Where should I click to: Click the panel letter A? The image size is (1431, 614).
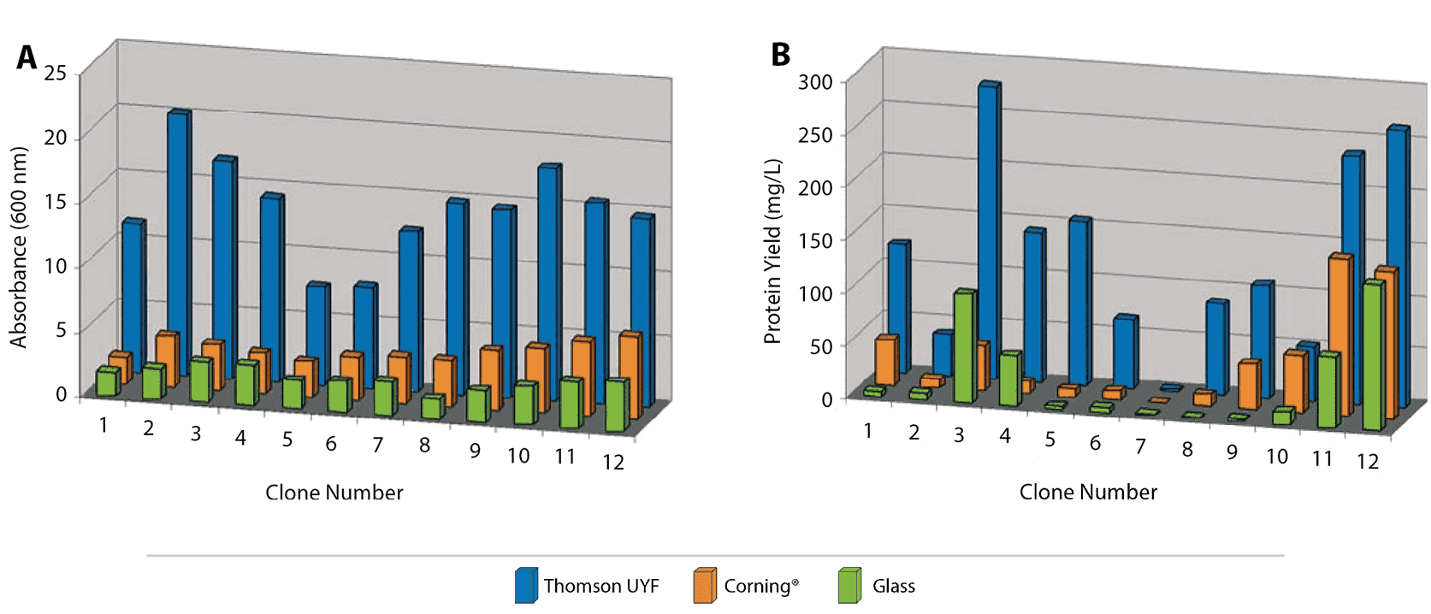click(x=27, y=58)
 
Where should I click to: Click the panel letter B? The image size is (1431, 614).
click(x=780, y=55)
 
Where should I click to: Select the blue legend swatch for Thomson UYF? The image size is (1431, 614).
click(x=525, y=586)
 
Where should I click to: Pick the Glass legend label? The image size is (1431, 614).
click(x=893, y=586)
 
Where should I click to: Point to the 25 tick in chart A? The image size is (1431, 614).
click(x=56, y=73)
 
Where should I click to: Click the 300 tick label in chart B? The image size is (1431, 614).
click(x=814, y=82)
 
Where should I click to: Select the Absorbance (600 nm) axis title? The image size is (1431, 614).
click(x=19, y=248)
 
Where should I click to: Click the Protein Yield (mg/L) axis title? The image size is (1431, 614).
click(x=772, y=251)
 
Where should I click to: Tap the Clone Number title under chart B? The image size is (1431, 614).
click(x=1087, y=492)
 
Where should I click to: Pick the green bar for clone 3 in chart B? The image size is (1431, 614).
click(x=963, y=346)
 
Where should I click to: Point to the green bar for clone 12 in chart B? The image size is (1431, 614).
click(x=1372, y=355)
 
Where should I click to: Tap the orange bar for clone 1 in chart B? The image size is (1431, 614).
click(x=885, y=360)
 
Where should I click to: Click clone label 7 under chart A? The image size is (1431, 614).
click(x=377, y=445)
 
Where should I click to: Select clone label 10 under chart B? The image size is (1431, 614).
click(x=1276, y=457)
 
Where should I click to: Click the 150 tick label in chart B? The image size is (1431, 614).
click(x=814, y=240)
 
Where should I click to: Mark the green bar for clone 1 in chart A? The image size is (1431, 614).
click(x=106, y=382)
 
